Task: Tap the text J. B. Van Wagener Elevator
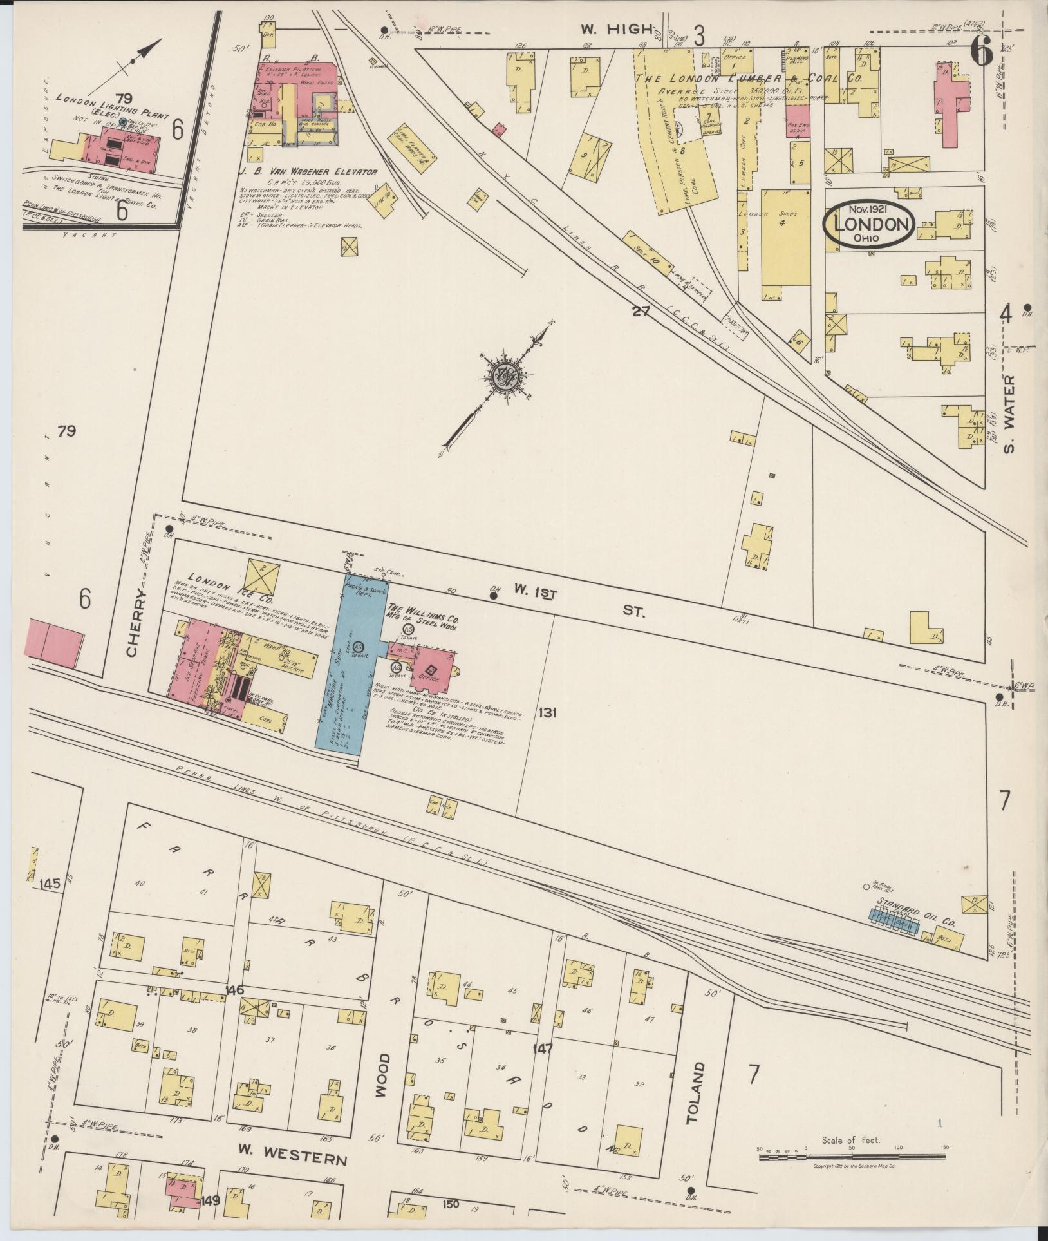(x=308, y=171)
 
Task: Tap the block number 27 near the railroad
(x=641, y=312)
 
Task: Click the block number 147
(x=543, y=1048)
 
